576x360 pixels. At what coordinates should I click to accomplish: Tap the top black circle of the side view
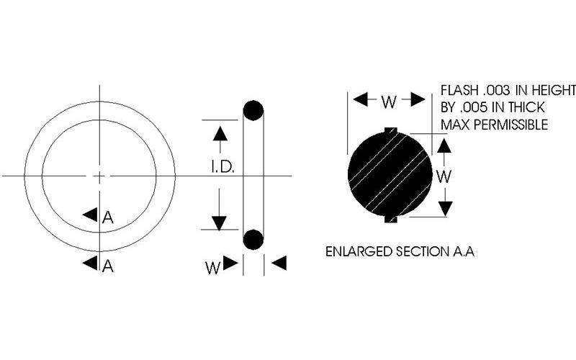pyautogui.click(x=253, y=111)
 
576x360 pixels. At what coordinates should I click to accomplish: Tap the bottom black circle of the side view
pyautogui.click(x=253, y=239)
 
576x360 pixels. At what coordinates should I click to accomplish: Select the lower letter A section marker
pyautogui.click(x=107, y=266)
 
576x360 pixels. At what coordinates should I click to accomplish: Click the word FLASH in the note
pyautogui.click(x=459, y=91)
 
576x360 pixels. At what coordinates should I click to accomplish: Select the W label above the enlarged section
pyautogui.click(x=389, y=101)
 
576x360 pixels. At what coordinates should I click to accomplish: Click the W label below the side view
pyautogui.click(x=212, y=266)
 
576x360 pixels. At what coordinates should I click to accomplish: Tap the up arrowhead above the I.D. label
pyautogui.click(x=220, y=133)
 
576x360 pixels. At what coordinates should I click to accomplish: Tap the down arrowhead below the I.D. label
pyautogui.click(x=220, y=219)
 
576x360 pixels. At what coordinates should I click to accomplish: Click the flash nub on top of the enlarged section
pyautogui.click(x=390, y=130)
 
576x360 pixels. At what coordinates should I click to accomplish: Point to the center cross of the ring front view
pyautogui.click(x=99, y=176)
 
